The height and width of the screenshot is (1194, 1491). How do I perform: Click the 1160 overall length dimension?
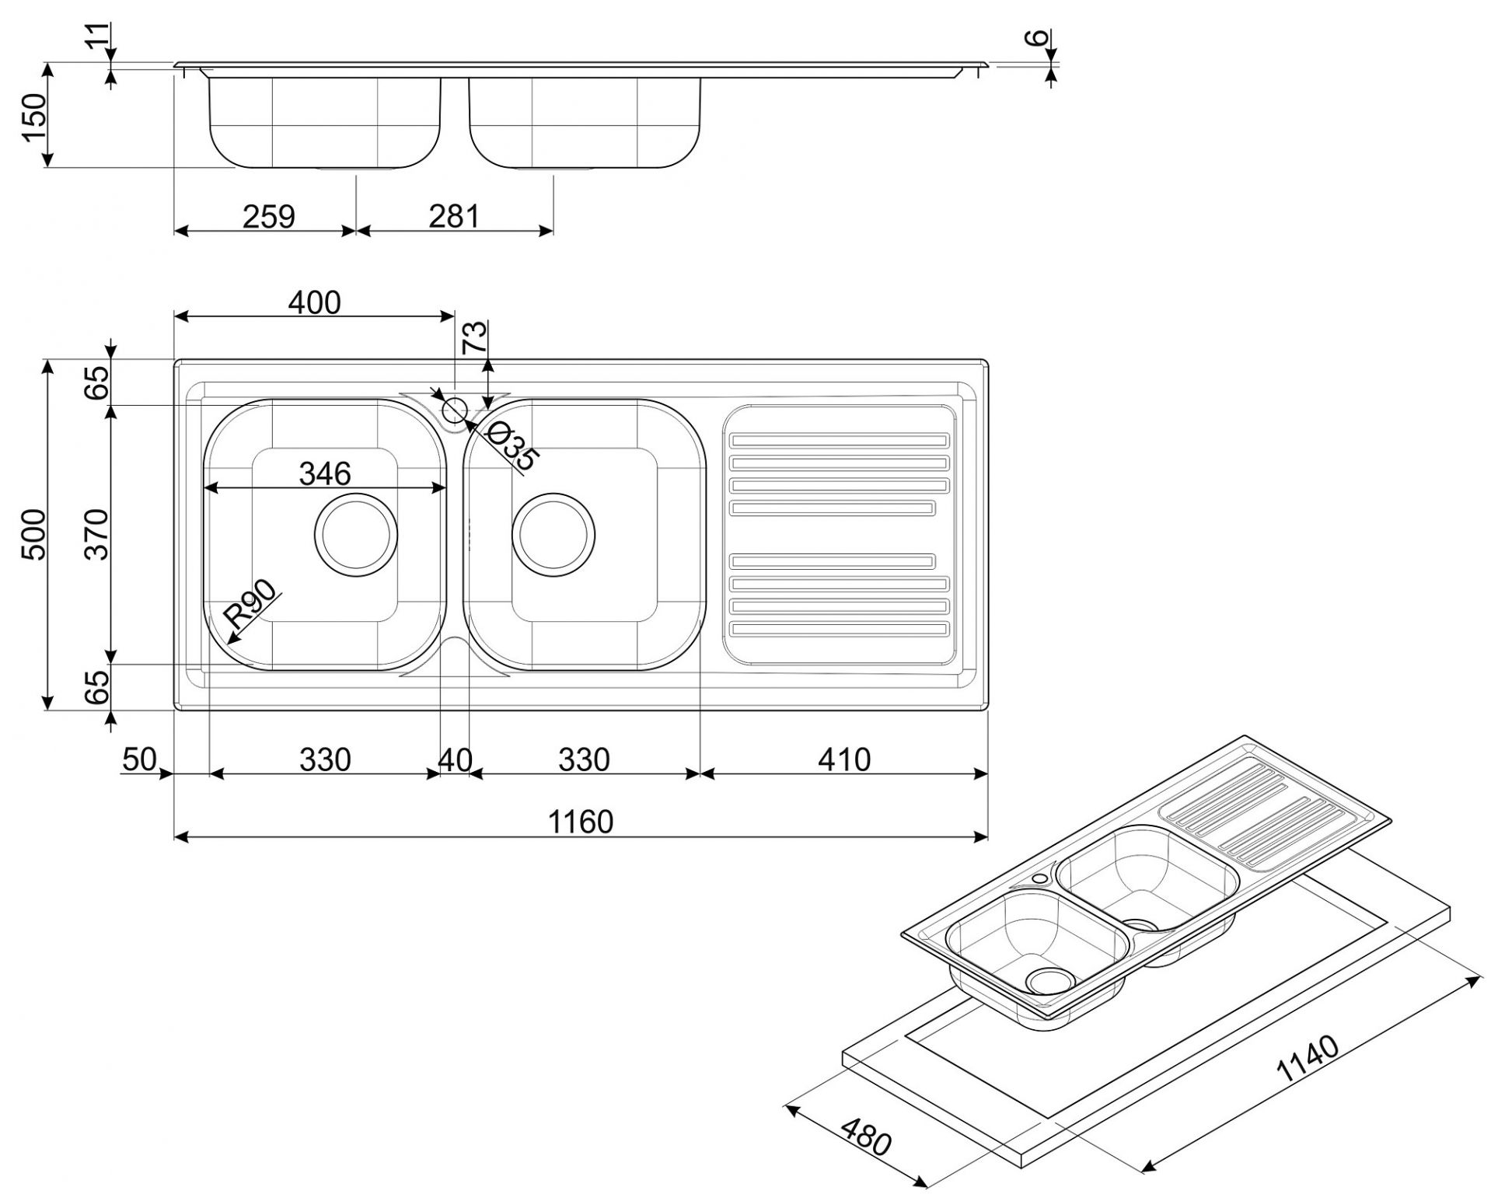[581, 821]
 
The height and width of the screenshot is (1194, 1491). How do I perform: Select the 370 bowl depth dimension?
[97, 534]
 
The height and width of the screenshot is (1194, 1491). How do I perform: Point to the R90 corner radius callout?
[250, 604]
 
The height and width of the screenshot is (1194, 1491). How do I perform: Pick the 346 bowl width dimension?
[325, 473]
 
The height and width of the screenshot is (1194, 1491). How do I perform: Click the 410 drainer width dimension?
[844, 759]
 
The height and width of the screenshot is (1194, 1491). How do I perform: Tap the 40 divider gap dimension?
[455, 759]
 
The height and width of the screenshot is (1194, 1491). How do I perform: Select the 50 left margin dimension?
[139, 759]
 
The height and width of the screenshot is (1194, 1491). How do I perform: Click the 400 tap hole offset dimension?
[314, 302]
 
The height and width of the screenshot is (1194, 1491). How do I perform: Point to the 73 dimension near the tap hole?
[475, 337]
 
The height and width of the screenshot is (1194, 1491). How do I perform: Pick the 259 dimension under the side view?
[268, 217]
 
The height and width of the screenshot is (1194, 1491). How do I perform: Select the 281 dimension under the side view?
[455, 217]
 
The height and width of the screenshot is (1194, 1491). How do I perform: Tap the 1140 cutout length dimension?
[1308, 1060]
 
